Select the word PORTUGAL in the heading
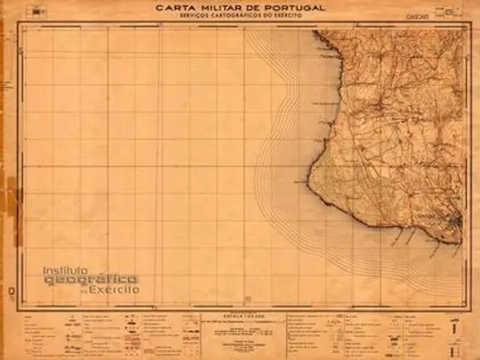[x=296, y=7]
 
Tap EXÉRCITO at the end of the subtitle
[x=289, y=16]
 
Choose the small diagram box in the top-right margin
[x=450, y=10]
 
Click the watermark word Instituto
[x=65, y=270]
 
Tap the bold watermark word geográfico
[x=91, y=280]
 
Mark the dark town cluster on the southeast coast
[x=454, y=223]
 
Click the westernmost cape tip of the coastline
[x=308, y=181]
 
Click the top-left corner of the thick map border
[x=18, y=23]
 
